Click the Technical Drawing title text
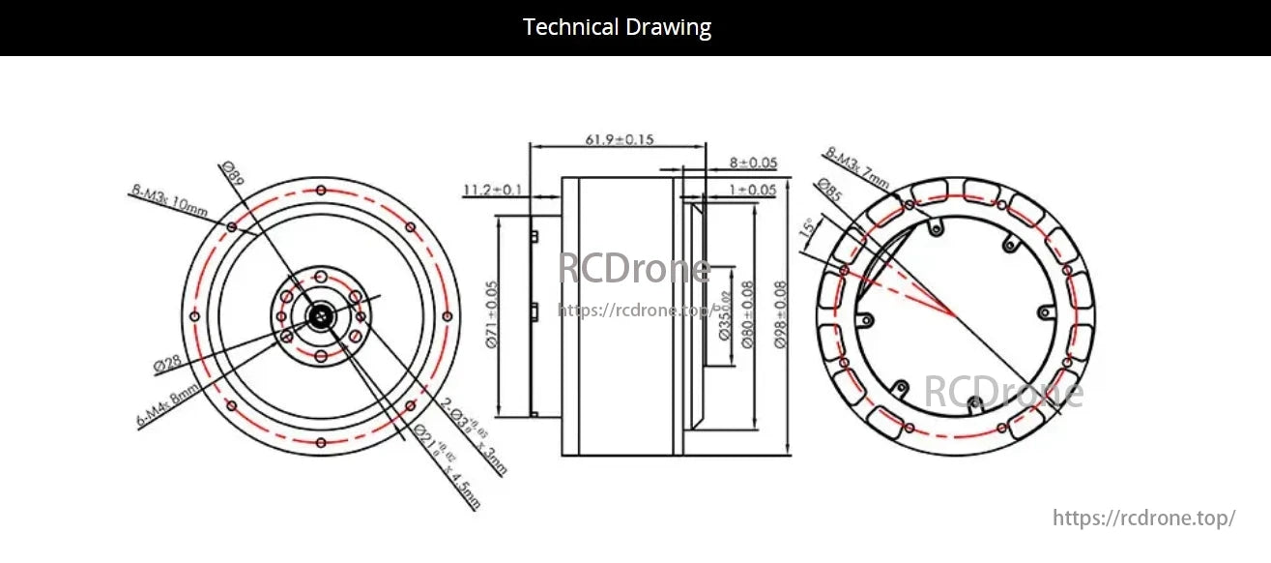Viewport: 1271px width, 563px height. (x=617, y=27)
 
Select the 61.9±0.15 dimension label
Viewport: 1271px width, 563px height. (x=619, y=139)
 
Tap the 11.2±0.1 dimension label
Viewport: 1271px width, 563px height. (x=493, y=190)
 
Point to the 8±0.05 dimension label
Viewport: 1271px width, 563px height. (x=753, y=163)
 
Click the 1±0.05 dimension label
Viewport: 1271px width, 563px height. (x=753, y=190)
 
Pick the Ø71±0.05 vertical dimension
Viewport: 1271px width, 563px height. (x=492, y=315)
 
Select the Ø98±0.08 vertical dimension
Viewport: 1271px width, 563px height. (x=780, y=315)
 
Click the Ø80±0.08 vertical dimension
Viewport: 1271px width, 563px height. (x=747, y=315)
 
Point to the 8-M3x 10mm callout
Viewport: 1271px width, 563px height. (x=169, y=204)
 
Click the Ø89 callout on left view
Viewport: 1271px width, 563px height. (x=231, y=174)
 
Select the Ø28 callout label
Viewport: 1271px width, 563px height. (x=167, y=364)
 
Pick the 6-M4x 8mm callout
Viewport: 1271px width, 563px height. (x=168, y=406)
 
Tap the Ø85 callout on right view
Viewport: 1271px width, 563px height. (x=828, y=190)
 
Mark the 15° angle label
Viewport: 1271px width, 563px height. (x=807, y=229)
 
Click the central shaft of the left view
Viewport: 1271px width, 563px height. (x=319, y=315)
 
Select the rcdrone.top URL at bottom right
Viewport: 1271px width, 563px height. (x=1143, y=519)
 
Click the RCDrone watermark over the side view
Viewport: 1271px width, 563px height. (x=634, y=269)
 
